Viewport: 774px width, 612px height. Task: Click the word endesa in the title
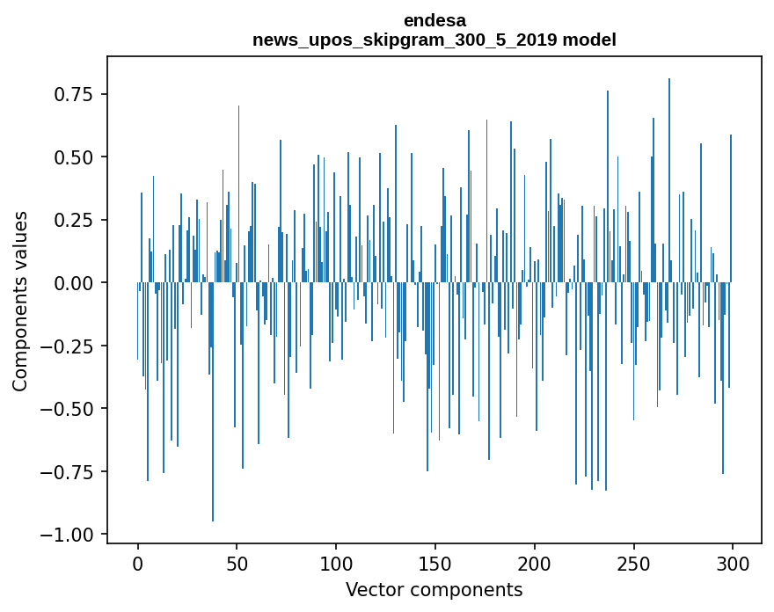pyautogui.click(x=434, y=20)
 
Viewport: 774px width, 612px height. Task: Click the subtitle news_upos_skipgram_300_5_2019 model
pyautogui.click(x=434, y=40)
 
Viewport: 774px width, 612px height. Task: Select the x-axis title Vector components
pyautogui.click(x=434, y=589)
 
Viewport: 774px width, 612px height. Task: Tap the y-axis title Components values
pyautogui.click(x=20, y=301)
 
